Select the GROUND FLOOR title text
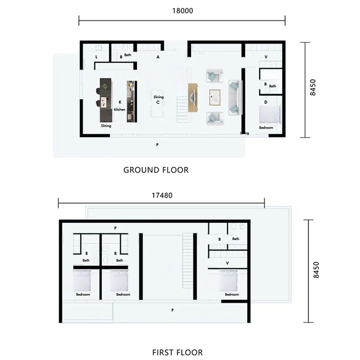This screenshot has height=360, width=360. (x=156, y=170)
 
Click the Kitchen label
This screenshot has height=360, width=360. (x=119, y=109)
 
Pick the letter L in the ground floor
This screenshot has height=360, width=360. (x=97, y=57)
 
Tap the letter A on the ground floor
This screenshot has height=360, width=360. (x=158, y=57)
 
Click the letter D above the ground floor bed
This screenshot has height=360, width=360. (x=265, y=103)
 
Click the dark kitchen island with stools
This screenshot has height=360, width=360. (x=105, y=99)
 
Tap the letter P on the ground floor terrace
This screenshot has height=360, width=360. (x=157, y=145)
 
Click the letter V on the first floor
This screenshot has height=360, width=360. (x=227, y=263)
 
